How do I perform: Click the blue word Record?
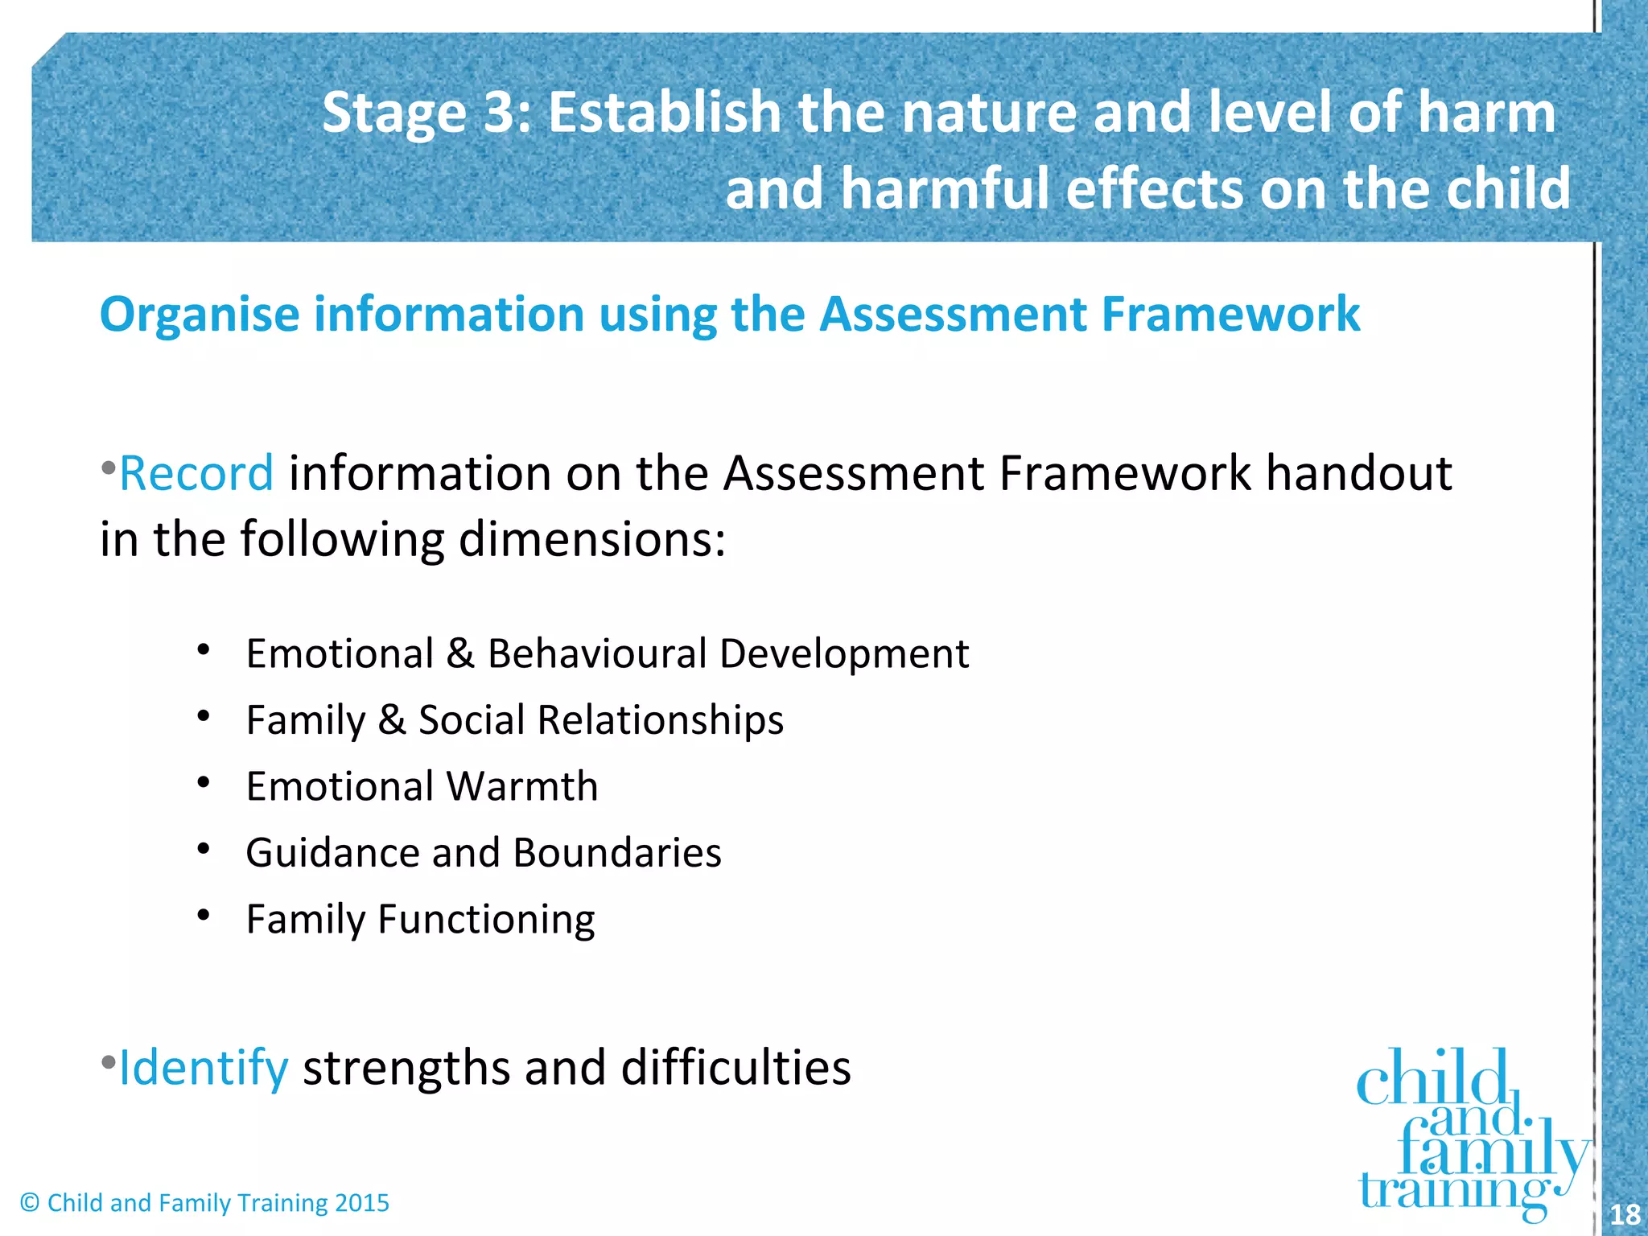196,473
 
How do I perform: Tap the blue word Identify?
203,1069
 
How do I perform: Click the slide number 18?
1625,1213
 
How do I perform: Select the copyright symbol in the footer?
30,1203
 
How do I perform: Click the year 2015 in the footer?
362,1203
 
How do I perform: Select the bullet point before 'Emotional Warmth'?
204,782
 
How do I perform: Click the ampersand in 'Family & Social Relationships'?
392,719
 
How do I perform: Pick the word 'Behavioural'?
597,653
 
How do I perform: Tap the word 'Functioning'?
486,920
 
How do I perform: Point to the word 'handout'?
1359,473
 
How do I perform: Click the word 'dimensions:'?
591,539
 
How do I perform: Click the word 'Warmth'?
522,786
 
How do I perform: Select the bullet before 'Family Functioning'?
204,915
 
